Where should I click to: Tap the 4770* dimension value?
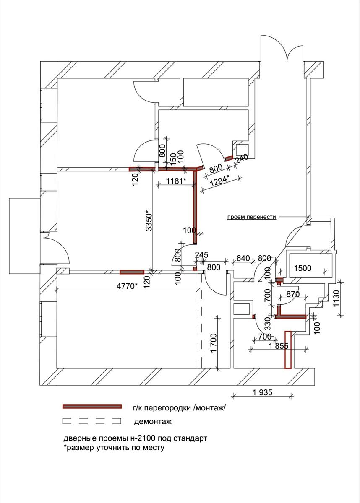pyautogui.click(x=126, y=286)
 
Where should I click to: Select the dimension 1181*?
pyautogui.click(x=176, y=181)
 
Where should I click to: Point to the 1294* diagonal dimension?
pyautogui.click(x=219, y=181)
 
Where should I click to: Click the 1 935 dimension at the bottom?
pyautogui.click(x=263, y=392)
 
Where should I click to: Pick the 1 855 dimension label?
pyautogui.click(x=278, y=346)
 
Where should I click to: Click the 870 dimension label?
pyautogui.click(x=292, y=295)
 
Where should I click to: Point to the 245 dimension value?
pyautogui.click(x=202, y=254)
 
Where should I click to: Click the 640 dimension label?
pyautogui.click(x=243, y=258)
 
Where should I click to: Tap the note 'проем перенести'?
pyautogui.click(x=251, y=217)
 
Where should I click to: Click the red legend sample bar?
pyautogui.click(x=92, y=407)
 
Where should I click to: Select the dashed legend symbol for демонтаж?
pyautogui.click(x=91, y=420)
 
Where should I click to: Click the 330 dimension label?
pyautogui.click(x=267, y=323)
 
